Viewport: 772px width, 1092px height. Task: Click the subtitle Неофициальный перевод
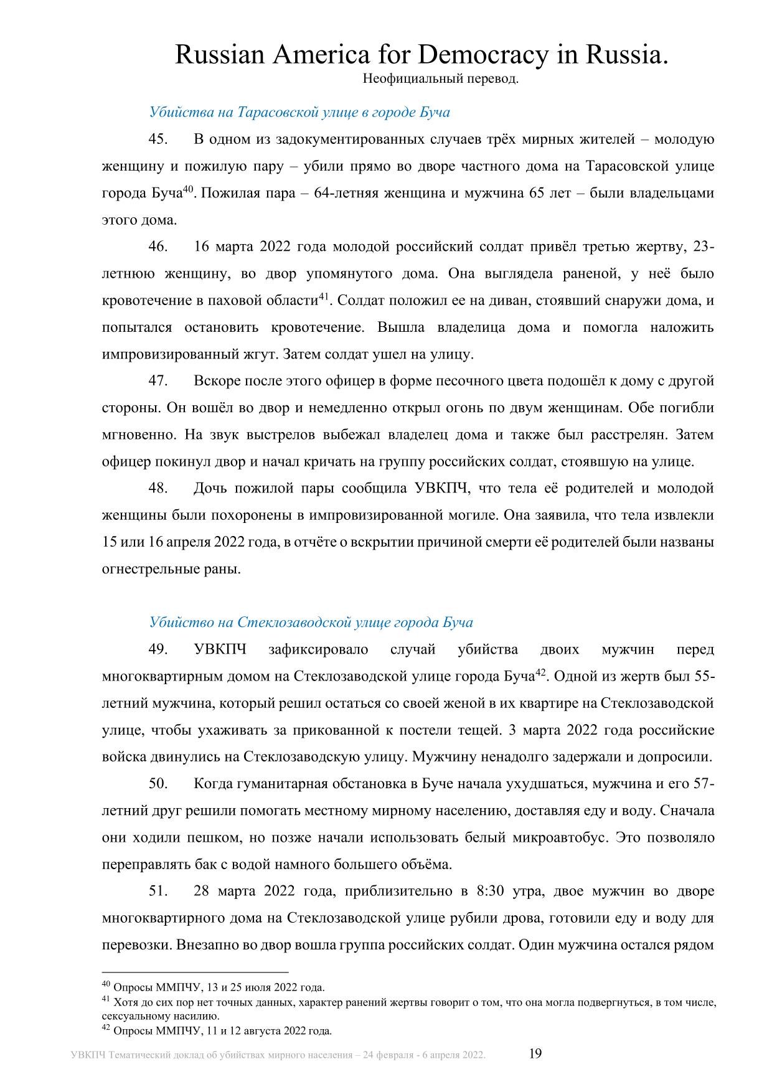tap(440, 79)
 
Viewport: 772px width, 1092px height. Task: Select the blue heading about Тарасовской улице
tap(299, 112)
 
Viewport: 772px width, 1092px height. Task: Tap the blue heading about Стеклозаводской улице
tap(311, 622)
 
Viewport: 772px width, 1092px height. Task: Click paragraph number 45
tap(158, 139)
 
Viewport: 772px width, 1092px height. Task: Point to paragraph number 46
tap(158, 247)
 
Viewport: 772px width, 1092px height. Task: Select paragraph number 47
tap(158, 381)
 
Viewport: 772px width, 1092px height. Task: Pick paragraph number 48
tap(158, 488)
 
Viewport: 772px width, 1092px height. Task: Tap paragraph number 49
tap(158, 649)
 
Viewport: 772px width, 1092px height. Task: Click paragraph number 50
tap(158, 783)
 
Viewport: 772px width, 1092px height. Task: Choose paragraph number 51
tap(158, 891)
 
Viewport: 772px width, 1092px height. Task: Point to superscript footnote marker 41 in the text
tap(323, 297)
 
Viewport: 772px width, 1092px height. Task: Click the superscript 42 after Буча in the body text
tap(540, 672)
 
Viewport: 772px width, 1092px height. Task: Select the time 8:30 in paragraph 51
tap(490, 891)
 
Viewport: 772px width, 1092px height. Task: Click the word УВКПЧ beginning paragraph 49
tap(220, 649)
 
